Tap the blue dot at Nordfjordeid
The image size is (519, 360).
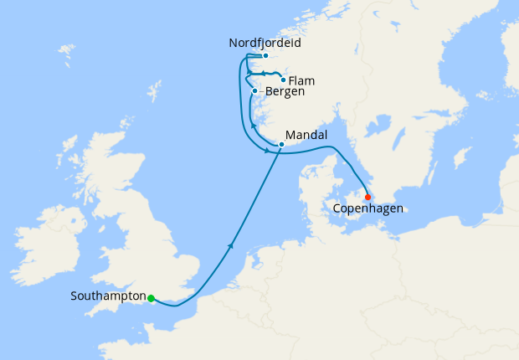(265, 56)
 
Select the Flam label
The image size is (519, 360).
(306, 82)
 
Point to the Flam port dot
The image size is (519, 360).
(284, 81)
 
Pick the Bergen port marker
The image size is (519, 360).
(254, 90)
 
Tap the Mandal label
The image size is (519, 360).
(306, 134)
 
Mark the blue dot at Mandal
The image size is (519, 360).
(281, 145)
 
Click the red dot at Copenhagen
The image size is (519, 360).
(367, 197)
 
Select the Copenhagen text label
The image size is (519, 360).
(368, 208)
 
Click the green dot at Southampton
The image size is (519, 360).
(151, 298)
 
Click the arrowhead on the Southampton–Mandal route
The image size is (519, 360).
(229, 245)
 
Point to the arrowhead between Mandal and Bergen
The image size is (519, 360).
(252, 126)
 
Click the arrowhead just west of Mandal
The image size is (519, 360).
(267, 151)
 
